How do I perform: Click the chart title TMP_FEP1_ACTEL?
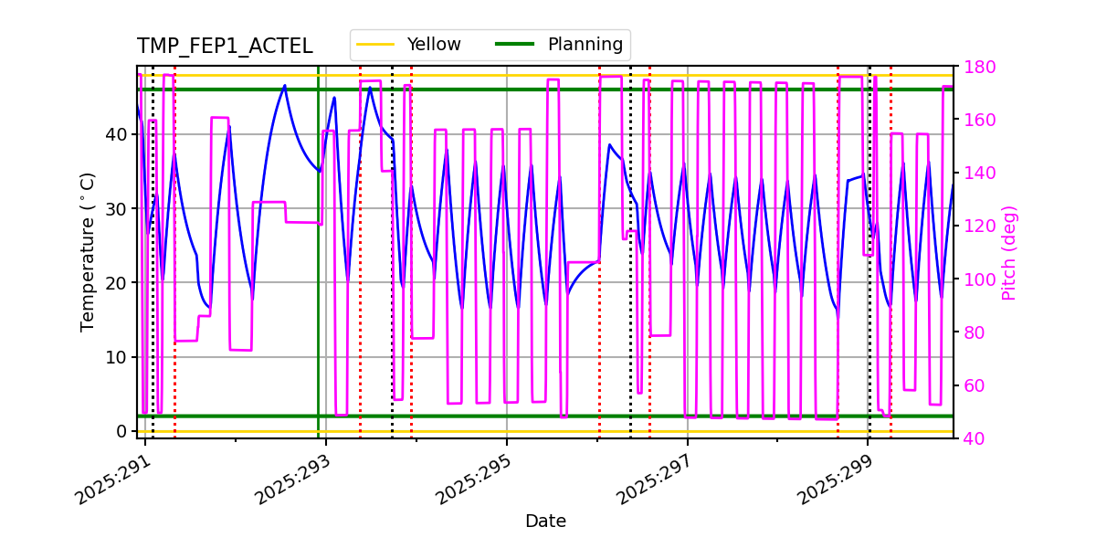pyautogui.click(x=225, y=47)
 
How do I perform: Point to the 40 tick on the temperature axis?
pyautogui.click(x=116, y=134)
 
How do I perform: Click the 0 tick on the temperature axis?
pyautogui.click(x=121, y=431)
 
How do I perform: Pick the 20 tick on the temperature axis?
pyautogui.click(x=116, y=283)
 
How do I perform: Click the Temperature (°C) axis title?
pyautogui.click(x=88, y=251)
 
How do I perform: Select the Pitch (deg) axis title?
pyautogui.click(x=1009, y=252)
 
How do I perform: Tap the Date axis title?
pyautogui.click(x=545, y=522)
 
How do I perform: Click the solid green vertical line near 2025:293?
pyautogui.click(x=319, y=274)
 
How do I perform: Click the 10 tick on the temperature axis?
pyautogui.click(x=116, y=357)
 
